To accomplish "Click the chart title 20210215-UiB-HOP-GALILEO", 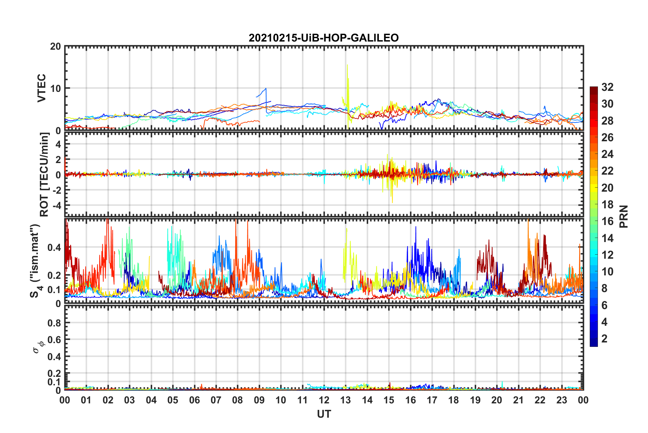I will point(324,38).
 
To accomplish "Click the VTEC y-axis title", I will point(42,88).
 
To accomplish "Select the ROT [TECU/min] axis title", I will point(44,175).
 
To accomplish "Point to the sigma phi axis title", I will point(38,347).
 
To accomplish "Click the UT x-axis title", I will point(324,414).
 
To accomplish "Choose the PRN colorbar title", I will point(624,216).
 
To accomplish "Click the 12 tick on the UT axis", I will point(324,400).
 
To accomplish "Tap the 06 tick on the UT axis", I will point(195,400).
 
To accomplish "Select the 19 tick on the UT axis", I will point(475,400).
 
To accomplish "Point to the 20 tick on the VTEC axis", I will point(56,46).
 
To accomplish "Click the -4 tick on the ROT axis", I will point(57,205).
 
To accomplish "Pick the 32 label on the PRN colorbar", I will point(607,87).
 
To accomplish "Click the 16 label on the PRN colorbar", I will point(607,221).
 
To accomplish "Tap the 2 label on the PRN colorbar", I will point(605,339).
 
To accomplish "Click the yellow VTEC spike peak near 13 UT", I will point(347,65).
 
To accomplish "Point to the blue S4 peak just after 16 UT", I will point(416,227).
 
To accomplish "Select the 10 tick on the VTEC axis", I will point(56,88).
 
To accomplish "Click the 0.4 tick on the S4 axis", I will point(55,247).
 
